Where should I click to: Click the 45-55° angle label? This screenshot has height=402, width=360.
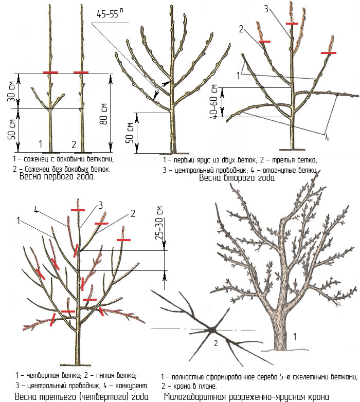(x=110, y=13)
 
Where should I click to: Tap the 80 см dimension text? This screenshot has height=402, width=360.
(x=103, y=114)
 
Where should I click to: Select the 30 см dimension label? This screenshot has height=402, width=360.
(x=11, y=91)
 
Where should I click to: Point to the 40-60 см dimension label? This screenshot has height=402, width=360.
(x=213, y=101)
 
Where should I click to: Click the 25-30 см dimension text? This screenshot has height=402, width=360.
(x=159, y=223)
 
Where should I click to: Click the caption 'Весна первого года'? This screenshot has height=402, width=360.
(x=57, y=176)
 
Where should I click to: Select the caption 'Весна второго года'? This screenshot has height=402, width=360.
(x=237, y=178)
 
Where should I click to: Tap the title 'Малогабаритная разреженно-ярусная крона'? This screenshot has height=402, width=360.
(x=246, y=397)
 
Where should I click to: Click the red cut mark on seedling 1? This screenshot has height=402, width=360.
(x=50, y=72)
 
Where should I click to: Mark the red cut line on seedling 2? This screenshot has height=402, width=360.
(x=81, y=72)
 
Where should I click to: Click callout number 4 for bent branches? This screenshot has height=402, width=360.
(x=327, y=138)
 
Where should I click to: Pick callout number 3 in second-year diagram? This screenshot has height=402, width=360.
(x=266, y=9)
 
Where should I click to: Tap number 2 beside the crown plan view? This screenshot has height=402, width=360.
(x=215, y=343)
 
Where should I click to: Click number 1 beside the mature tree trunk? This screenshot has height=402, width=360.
(x=295, y=336)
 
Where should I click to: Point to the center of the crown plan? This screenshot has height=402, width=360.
(x=212, y=330)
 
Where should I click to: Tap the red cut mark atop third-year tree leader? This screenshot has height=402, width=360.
(x=78, y=210)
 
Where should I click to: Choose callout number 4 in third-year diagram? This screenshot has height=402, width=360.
(x=36, y=210)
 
